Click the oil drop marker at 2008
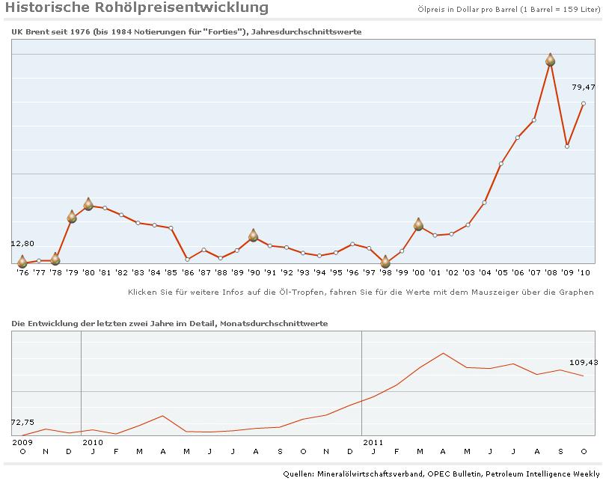click(x=551, y=60)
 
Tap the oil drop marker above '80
click(x=88, y=204)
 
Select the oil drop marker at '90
click(x=254, y=236)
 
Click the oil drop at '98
click(x=385, y=262)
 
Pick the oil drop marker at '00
click(x=418, y=224)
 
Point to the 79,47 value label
click(x=584, y=88)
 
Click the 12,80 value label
click(x=22, y=243)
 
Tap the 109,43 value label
click(x=584, y=363)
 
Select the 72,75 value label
click(x=22, y=422)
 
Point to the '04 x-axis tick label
click(x=484, y=272)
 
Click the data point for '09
click(x=567, y=146)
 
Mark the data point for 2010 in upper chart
click(x=584, y=103)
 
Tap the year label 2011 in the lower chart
click(x=373, y=442)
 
